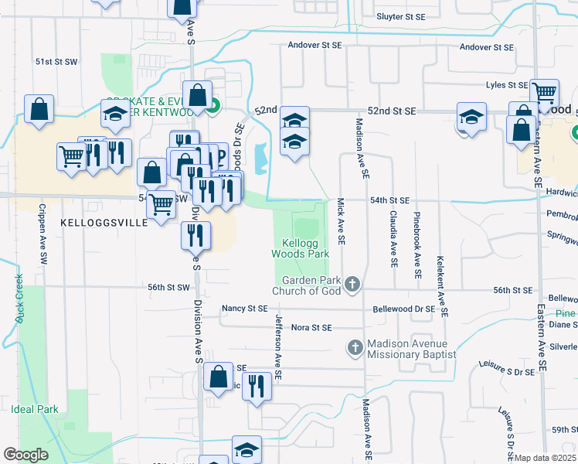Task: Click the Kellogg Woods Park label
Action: (x=300, y=247)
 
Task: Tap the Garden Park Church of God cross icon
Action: (x=352, y=285)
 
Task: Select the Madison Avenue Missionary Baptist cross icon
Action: (x=355, y=347)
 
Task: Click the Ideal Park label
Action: (x=35, y=408)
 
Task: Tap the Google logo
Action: (x=25, y=454)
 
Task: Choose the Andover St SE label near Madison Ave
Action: (x=314, y=46)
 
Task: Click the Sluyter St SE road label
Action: (x=400, y=16)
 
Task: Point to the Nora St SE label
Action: (x=311, y=328)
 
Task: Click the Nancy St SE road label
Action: (x=244, y=308)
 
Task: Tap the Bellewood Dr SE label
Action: (x=403, y=309)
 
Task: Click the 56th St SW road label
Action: (x=168, y=288)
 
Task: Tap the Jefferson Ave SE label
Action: (x=277, y=347)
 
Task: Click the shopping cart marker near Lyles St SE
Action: (x=545, y=93)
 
